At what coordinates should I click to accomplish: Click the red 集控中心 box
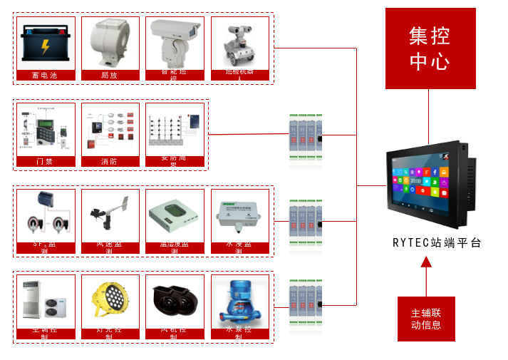[x=430, y=48]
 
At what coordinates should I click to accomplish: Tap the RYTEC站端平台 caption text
[x=437, y=242]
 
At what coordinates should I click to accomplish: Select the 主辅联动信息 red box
[x=426, y=319]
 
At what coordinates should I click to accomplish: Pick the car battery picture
[x=45, y=43]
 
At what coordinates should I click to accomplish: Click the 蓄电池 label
[x=45, y=75]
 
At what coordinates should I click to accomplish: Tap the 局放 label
[x=110, y=75]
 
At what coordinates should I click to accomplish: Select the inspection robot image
[x=239, y=43]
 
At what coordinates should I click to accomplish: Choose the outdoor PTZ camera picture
[x=175, y=43]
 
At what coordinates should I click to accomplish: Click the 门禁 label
[x=45, y=162]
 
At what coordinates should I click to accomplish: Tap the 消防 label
[x=110, y=162]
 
